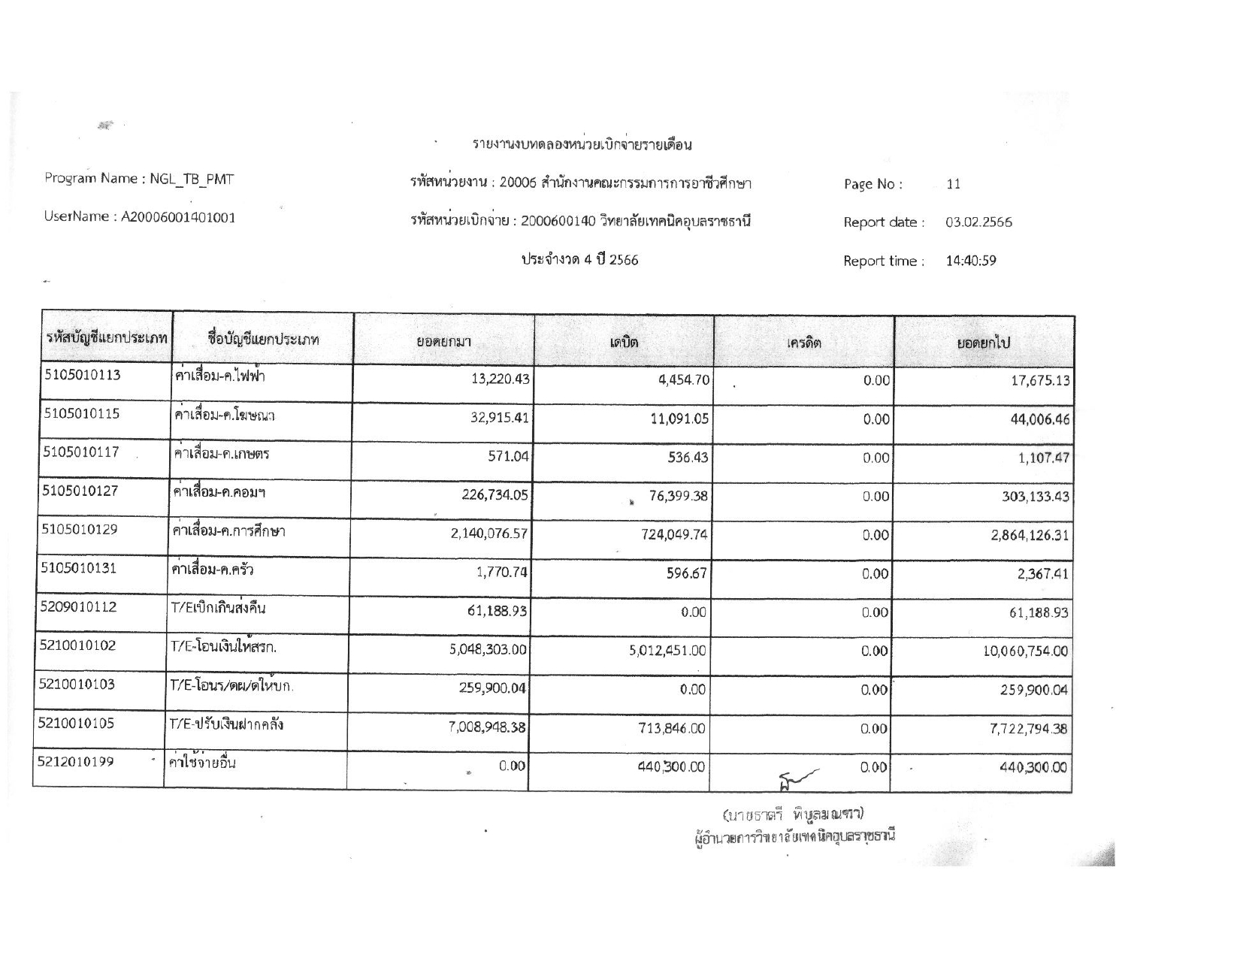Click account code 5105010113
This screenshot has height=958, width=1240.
82,376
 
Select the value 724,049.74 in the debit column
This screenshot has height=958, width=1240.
665,535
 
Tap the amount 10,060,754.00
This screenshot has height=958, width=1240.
1026,651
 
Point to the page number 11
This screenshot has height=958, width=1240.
953,184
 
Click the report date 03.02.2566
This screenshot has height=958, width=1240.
978,222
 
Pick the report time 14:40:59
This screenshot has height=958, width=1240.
971,261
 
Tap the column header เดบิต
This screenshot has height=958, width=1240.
624,343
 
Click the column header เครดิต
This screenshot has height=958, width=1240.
803,343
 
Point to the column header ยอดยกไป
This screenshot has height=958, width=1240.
983,343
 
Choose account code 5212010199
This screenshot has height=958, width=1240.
76,762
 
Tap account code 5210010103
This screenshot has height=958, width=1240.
77,685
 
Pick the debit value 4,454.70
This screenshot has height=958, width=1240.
683,380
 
